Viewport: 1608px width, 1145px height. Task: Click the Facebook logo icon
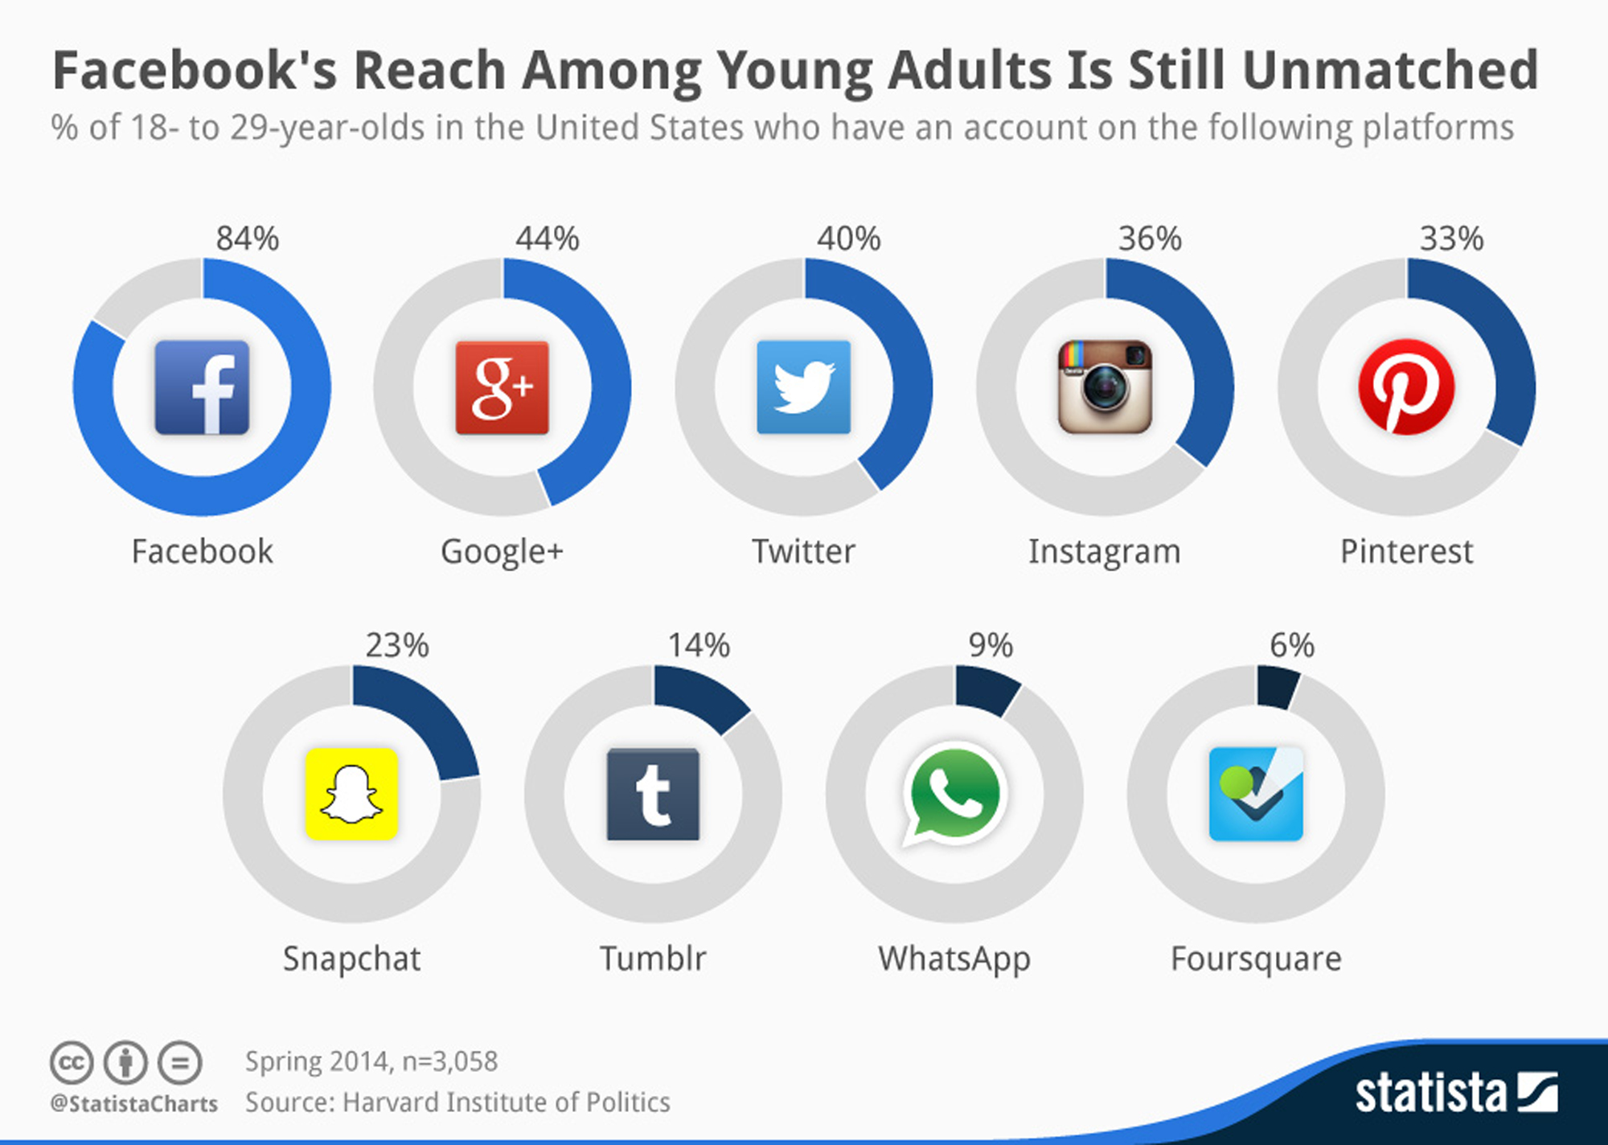pos(202,387)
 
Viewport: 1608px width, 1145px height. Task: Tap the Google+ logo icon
pos(503,387)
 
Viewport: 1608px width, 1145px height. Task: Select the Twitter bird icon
pos(803,387)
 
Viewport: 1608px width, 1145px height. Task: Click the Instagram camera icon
pos(1105,387)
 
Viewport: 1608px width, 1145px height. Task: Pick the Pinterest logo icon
pos(1406,387)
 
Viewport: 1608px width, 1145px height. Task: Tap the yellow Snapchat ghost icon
pos(351,794)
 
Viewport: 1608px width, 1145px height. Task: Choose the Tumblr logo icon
pos(653,794)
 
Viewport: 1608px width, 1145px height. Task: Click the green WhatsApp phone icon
pos(954,794)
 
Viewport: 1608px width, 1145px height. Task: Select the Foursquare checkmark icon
pos(1256,794)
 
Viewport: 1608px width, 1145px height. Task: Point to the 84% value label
pos(247,239)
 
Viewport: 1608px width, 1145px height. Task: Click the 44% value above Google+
pos(548,239)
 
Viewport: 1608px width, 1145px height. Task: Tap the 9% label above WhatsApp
pos(991,645)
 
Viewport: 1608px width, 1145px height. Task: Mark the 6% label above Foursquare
pos(1292,645)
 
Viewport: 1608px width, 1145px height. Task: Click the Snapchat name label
pos(351,959)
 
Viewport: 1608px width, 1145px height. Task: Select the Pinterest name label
pos(1406,552)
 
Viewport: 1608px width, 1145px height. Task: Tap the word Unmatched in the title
pos(1390,70)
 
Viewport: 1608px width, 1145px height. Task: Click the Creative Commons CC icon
pos(72,1063)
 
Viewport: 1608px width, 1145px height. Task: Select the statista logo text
pos(1430,1094)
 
